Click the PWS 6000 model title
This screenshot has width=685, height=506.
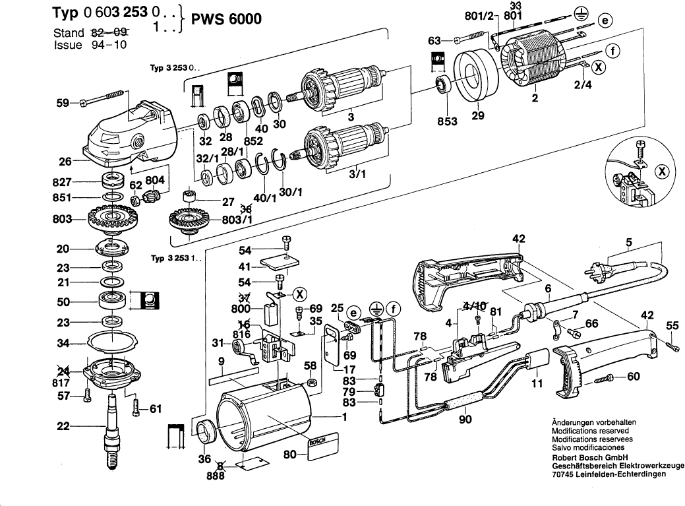coord(226,18)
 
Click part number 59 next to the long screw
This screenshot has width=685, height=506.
coord(63,103)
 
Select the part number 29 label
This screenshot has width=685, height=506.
coord(478,116)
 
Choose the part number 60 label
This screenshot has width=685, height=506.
coord(634,377)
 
